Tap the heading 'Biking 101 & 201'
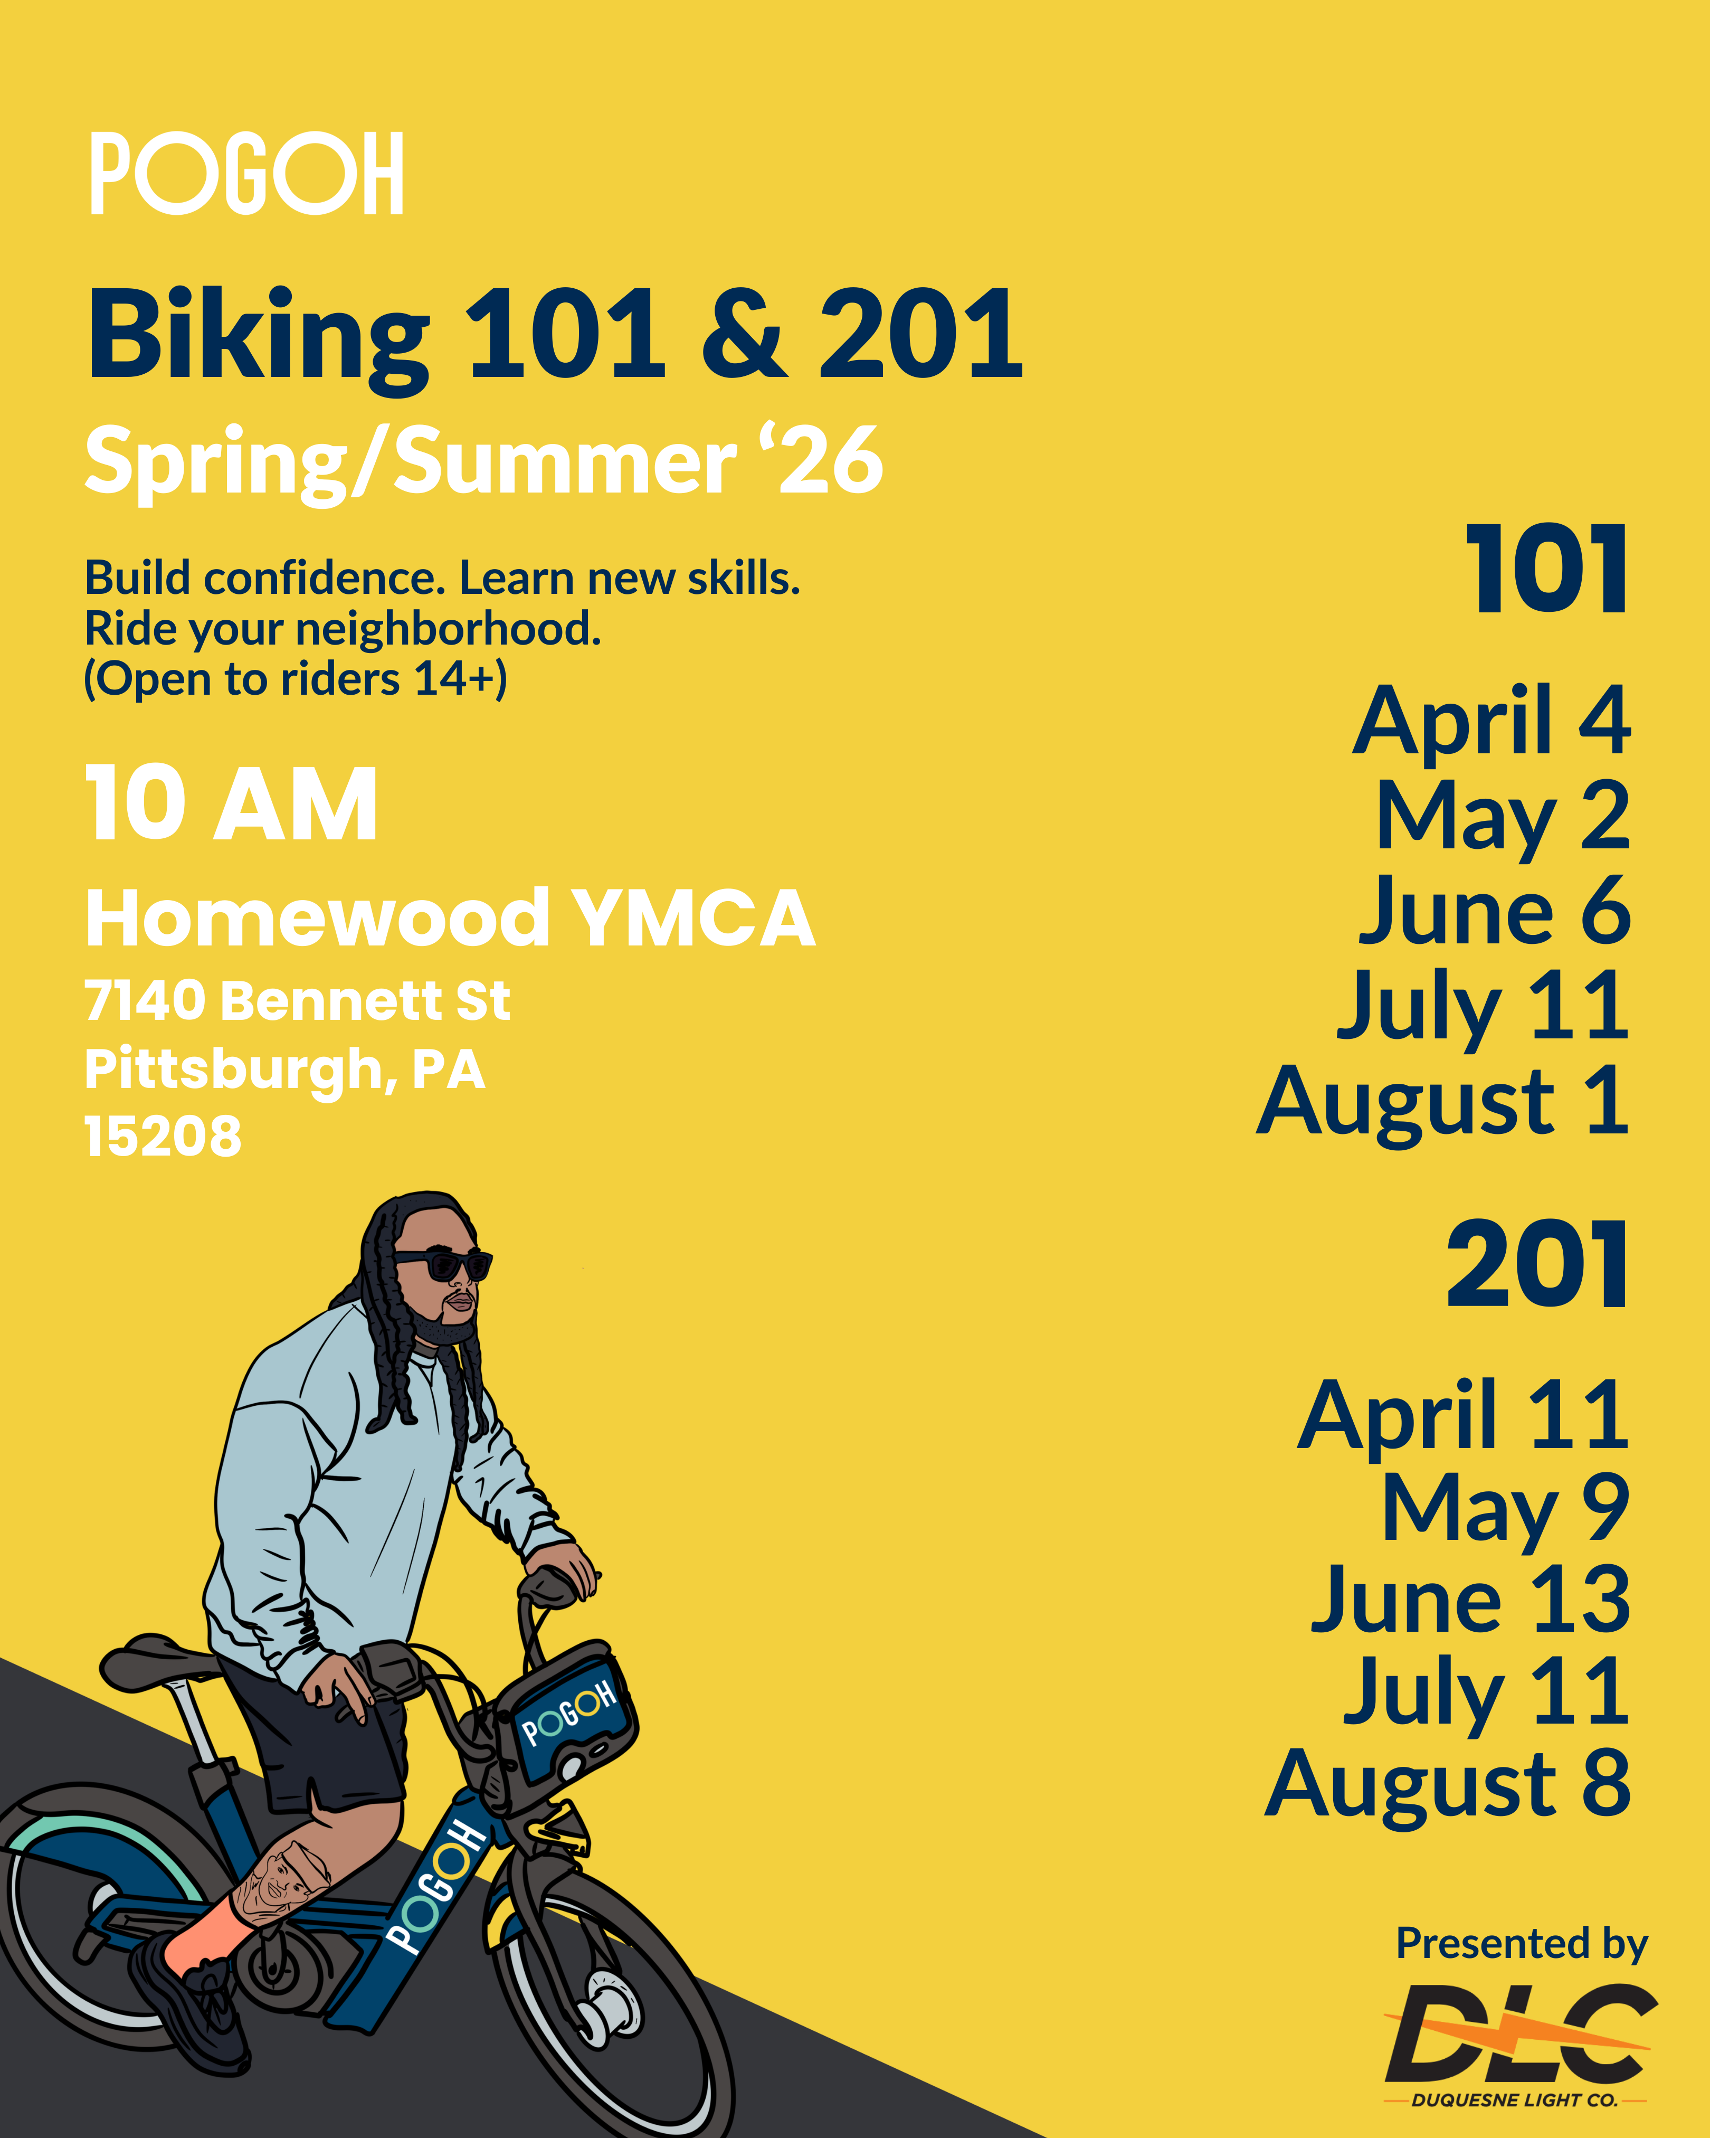(555, 337)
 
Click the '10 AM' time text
(231, 803)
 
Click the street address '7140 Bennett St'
(297, 1000)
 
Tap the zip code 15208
(163, 1137)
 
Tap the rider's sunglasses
(443, 1265)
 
